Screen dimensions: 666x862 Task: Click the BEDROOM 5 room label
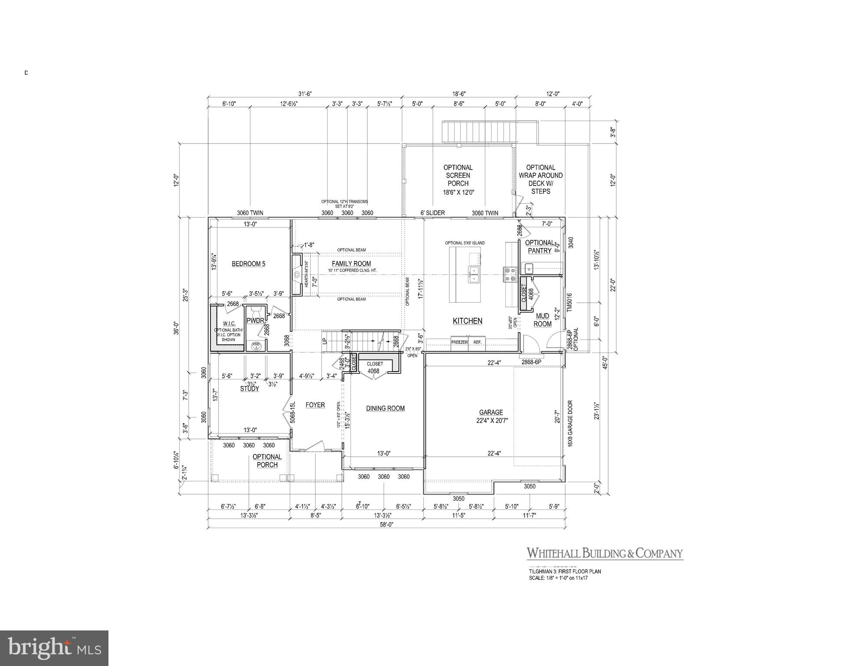coord(248,264)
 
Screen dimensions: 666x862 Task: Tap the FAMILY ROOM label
coord(351,264)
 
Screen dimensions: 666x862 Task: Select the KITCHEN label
coord(468,321)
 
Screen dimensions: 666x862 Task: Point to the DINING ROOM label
coord(385,408)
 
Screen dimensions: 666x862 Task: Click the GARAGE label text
coord(491,412)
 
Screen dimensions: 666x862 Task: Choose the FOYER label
coord(315,405)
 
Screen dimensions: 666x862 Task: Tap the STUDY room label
coord(249,388)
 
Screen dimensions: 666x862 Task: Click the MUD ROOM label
coord(542,320)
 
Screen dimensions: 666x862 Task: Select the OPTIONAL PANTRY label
coord(540,247)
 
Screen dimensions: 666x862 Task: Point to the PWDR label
coord(255,321)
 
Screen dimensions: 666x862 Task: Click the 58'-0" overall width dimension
coord(387,524)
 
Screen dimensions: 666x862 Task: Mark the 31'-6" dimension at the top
coord(305,94)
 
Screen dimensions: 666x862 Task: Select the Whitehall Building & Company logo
coord(605,553)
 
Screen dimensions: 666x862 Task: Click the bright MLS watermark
coord(54,648)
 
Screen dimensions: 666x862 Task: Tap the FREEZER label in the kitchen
coord(459,342)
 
